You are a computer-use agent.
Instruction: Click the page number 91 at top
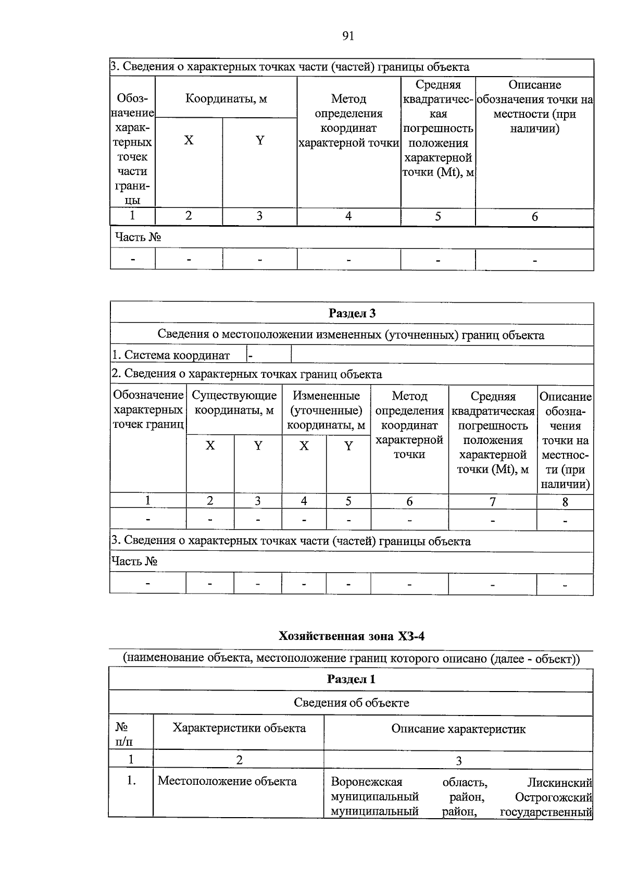348,36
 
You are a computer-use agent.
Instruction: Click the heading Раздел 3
352,313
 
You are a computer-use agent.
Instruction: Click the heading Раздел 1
351,679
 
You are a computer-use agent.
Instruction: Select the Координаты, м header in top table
226,98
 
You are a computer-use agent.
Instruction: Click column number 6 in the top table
534,217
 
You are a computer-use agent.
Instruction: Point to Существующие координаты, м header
234,403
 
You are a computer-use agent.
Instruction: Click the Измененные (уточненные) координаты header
326,410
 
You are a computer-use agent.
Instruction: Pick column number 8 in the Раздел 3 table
565,502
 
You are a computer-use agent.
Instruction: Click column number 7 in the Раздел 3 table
492,502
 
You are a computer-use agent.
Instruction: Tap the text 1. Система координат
171,355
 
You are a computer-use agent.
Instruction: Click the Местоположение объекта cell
227,781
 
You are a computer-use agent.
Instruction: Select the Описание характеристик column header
458,729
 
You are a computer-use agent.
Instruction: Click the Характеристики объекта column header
239,728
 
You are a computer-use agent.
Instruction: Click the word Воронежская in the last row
367,782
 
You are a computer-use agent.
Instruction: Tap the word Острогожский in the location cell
553,797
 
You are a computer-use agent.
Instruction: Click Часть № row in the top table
138,237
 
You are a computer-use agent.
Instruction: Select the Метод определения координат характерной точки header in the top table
348,120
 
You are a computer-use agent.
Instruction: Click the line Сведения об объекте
351,702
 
